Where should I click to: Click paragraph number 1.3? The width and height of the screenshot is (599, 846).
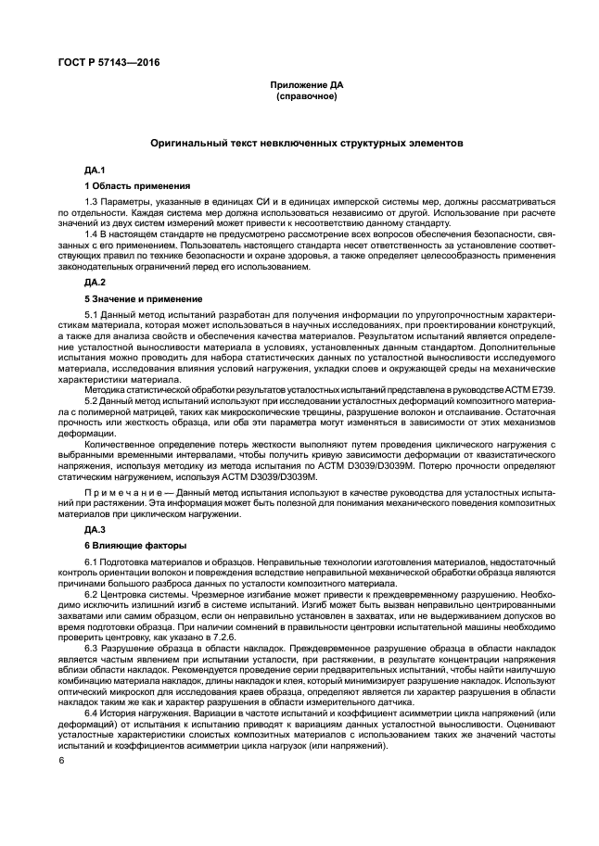tap(91, 201)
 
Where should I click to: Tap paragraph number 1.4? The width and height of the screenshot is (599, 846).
tap(91, 235)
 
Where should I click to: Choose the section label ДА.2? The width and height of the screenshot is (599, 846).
tap(96, 281)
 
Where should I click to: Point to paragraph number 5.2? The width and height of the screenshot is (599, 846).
tap(91, 399)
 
